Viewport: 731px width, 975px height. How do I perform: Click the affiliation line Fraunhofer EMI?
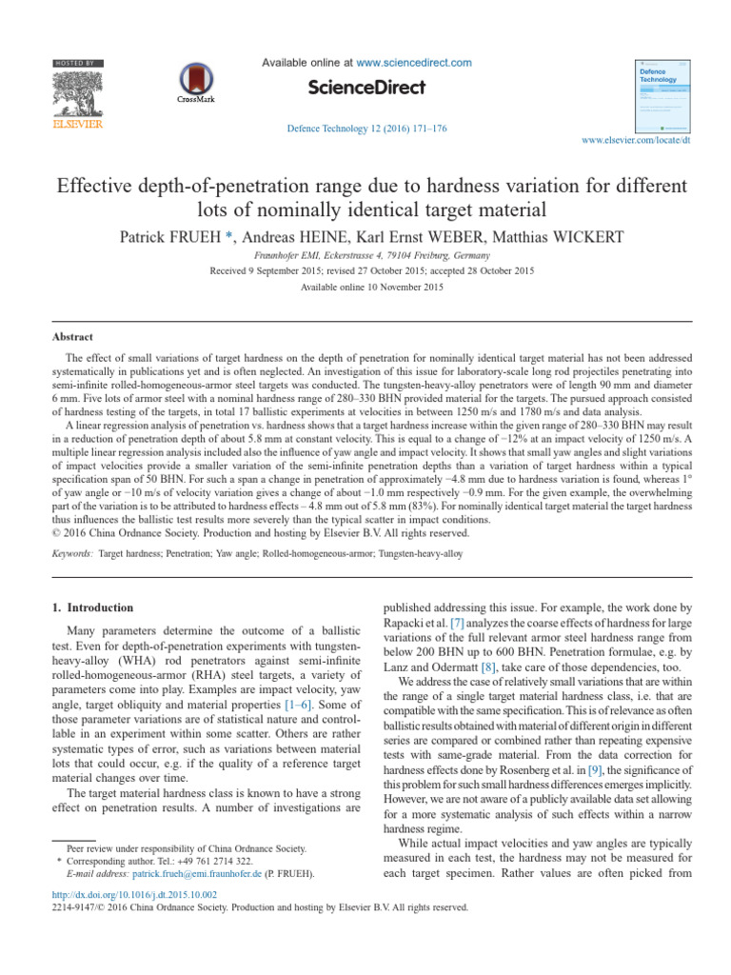(x=365, y=257)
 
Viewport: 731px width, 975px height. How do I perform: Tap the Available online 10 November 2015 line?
(x=365, y=287)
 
